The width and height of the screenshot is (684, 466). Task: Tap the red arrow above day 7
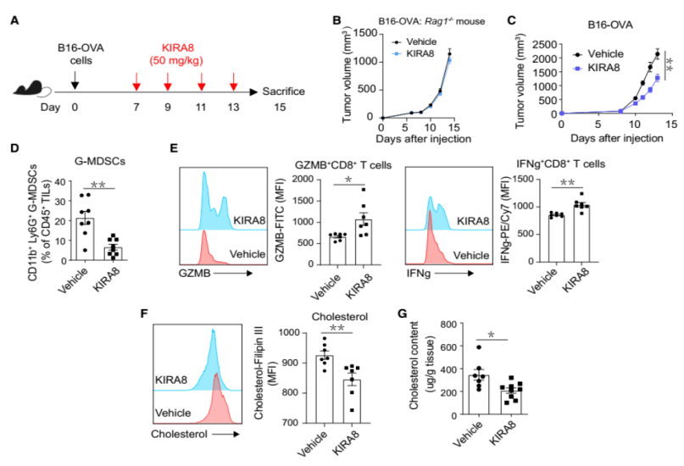[x=136, y=82]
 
